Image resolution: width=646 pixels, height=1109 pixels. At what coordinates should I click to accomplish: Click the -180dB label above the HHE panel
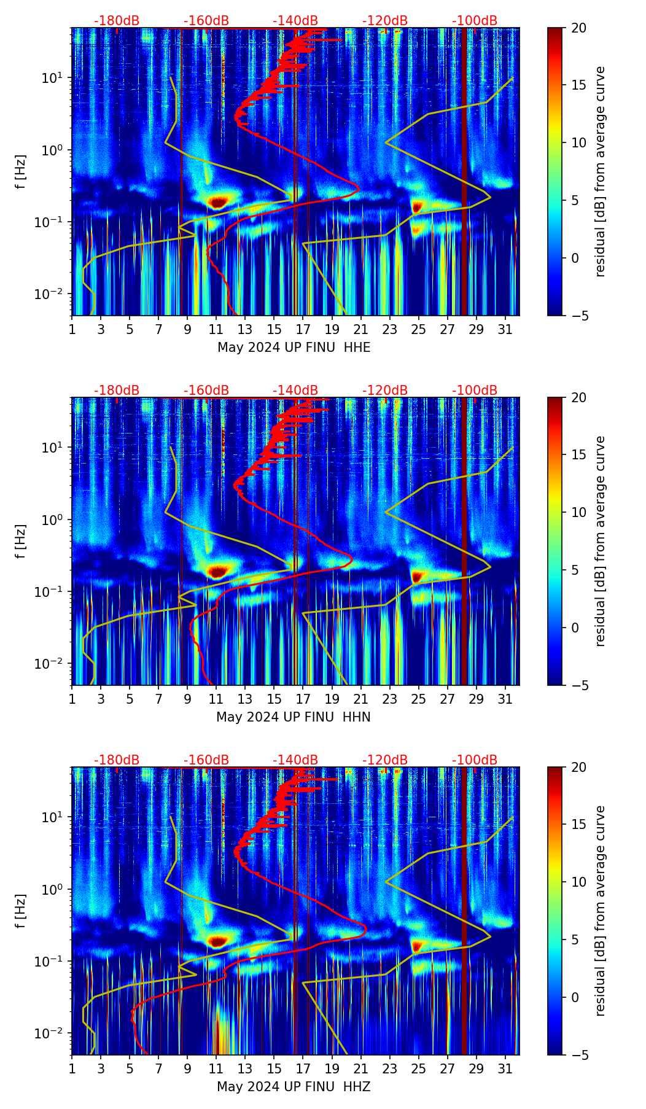tap(117, 21)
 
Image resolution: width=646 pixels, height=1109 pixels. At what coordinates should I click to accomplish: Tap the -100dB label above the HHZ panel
tap(475, 760)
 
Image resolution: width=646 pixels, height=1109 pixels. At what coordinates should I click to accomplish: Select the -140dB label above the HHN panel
tap(295, 391)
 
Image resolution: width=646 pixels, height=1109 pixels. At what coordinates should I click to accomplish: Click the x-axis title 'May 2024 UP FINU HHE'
tap(294, 348)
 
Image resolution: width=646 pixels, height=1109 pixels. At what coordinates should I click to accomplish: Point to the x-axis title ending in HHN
tap(294, 717)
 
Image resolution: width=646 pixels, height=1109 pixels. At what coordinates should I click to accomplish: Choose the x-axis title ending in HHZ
tap(294, 1087)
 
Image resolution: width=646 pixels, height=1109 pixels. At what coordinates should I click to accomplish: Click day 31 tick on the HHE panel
tap(505, 330)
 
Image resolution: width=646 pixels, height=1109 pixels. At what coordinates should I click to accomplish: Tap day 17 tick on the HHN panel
tap(303, 699)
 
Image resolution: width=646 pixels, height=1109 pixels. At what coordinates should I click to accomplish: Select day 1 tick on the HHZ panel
tap(72, 1069)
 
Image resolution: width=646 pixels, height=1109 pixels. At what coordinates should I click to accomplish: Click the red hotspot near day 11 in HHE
tap(218, 201)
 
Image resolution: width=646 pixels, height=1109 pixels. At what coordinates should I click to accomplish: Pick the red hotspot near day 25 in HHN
tap(418, 576)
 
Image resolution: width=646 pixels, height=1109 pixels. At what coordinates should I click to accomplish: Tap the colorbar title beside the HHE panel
tap(600, 171)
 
